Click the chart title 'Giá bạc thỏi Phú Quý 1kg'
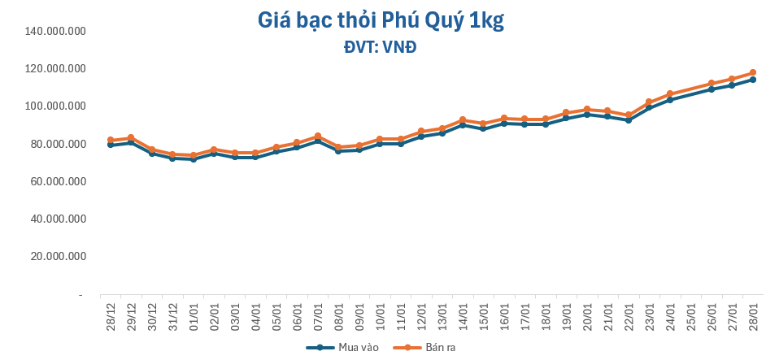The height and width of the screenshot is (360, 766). point(381,20)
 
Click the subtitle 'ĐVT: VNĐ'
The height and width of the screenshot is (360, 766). point(381,47)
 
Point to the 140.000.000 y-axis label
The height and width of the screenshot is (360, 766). point(56,32)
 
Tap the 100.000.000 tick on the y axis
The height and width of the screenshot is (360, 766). point(56,106)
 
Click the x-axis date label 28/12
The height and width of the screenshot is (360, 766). point(110,312)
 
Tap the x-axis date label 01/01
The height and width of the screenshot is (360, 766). point(194,312)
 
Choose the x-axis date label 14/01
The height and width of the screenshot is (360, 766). point(463,312)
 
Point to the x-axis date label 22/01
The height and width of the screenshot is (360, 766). point(629,312)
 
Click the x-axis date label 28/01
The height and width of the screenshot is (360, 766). point(753,312)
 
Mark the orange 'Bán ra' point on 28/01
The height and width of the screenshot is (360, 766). point(753,72)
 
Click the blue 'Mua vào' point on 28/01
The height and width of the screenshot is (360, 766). point(753,80)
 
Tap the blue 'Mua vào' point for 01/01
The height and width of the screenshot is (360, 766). point(194,159)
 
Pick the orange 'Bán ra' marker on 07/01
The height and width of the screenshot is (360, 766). point(318,136)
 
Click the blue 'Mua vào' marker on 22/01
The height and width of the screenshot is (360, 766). point(629,120)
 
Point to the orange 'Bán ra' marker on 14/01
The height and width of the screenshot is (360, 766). point(463,119)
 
